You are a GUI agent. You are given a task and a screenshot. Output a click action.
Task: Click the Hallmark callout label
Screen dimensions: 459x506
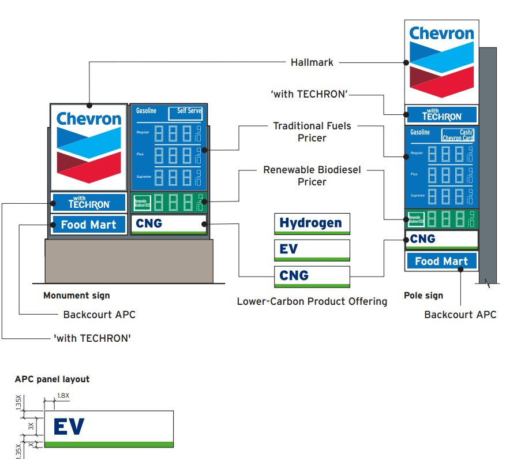(x=312, y=62)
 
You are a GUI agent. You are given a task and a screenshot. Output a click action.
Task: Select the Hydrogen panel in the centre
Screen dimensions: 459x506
(x=312, y=223)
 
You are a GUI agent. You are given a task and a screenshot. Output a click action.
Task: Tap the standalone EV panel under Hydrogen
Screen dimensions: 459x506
(x=312, y=249)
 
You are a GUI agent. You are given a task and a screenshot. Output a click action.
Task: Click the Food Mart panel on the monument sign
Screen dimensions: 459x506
(x=89, y=225)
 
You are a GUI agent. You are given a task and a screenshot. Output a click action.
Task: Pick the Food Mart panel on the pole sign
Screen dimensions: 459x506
(x=441, y=261)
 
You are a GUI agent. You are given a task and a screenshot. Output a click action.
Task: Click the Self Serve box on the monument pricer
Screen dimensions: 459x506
(x=185, y=113)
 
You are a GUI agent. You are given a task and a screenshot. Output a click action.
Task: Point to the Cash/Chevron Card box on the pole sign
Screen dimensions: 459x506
(x=458, y=135)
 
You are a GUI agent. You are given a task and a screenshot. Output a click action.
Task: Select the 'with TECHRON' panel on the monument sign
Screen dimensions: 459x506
(x=89, y=202)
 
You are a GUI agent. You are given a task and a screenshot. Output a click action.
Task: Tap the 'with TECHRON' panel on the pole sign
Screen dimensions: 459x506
(x=441, y=114)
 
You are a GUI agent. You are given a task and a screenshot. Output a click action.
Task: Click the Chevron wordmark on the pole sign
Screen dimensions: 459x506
(x=441, y=33)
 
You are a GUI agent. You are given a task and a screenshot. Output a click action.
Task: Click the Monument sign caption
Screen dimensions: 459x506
(x=76, y=296)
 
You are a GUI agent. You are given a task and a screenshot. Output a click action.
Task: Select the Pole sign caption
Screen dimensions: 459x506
(x=423, y=296)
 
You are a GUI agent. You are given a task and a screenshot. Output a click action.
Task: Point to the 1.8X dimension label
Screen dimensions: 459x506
(x=62, y=396)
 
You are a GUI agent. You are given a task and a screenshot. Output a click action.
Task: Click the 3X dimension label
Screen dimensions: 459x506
(x=31, y=426)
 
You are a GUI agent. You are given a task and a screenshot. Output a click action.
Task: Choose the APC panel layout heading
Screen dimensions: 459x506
(x=52, y=379)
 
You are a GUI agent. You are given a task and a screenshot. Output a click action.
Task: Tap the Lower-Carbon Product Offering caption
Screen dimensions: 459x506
(x=312, y=301)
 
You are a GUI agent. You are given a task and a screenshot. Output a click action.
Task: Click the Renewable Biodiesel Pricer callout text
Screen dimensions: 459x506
(x=312, y=176)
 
